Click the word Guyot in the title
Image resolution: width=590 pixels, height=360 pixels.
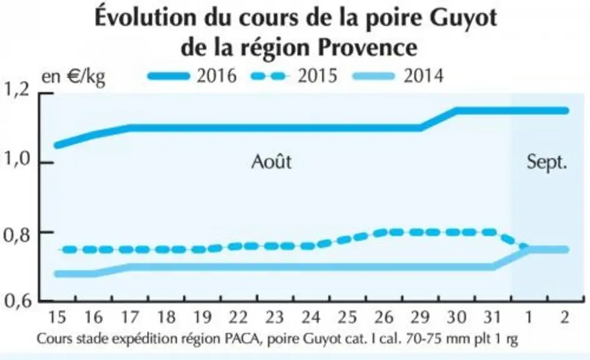(x=463, y=18)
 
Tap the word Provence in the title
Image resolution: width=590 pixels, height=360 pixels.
(x=367, y=47)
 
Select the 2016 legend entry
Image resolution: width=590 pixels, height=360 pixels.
(x=192, y=76)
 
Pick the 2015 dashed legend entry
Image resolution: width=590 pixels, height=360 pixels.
(x=294, y=76)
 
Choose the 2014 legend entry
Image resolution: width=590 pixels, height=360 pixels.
(x=398, y=76)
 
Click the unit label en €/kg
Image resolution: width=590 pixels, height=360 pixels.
(x=73, y=77)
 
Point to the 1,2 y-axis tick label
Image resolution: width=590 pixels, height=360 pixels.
(x=16, y=91)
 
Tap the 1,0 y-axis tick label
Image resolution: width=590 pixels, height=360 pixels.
(x=16, y=160)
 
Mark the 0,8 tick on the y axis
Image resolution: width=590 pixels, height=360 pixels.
(x=16, y=235)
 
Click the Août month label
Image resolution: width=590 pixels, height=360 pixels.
(x=271, y=162)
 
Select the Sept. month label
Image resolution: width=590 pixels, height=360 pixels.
(x=547, y=162)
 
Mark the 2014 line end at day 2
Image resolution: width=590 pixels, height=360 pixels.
(x=566, y=250)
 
